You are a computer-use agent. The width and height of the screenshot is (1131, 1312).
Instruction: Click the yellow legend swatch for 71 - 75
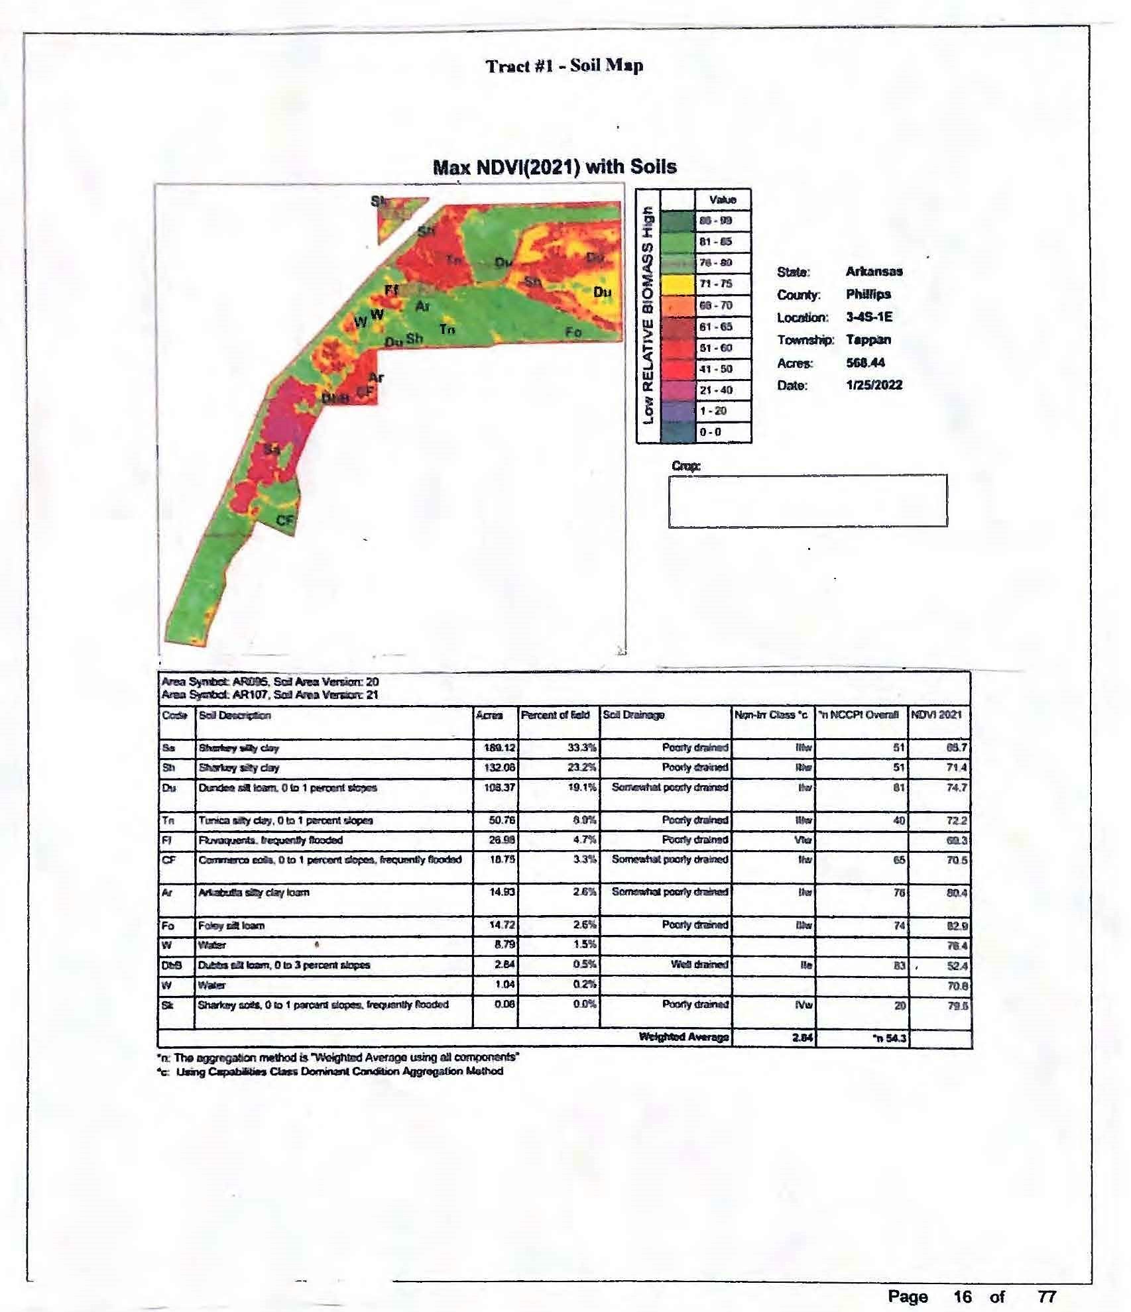click(x=678, y=284)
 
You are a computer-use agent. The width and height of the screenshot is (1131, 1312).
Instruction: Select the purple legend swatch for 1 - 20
click(x=678, y=411)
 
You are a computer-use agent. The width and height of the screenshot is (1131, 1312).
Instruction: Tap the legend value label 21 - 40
click(x=716, y=390)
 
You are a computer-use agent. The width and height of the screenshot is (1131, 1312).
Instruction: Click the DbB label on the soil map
click(x=335, y=398)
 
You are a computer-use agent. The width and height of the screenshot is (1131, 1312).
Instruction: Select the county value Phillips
click(x=868, y=294)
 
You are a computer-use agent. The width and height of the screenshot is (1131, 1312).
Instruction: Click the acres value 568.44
click(x=865, y=362)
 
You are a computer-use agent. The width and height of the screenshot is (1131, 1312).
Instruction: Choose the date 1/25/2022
click(x=874, y=385)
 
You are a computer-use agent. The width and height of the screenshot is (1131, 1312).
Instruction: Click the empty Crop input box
click(x=807, y=500)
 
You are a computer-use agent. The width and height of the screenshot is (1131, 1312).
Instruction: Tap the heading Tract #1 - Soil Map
click(x=564, y=66)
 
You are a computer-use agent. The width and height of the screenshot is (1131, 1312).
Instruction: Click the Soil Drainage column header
click(x=634, y=715)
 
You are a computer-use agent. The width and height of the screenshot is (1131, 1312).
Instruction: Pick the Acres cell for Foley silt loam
click(x=496, y=925)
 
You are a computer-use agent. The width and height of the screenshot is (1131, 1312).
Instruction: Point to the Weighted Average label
click(x=684, y=1037)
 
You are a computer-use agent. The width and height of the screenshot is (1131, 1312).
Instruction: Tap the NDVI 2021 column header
click(x=936, y=715)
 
